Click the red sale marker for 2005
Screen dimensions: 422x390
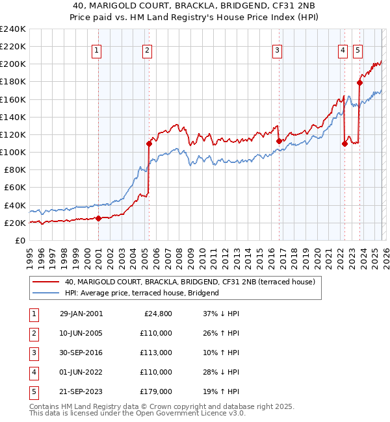click(x=149, y=143)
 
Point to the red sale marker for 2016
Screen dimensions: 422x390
click(x=279, y=141)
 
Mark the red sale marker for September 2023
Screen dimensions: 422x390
click(x=359, y=82)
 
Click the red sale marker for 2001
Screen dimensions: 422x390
click(x=98, y=219)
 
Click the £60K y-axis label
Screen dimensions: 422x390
click(x=15, y=188)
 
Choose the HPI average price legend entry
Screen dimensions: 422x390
click(x=142, y=293)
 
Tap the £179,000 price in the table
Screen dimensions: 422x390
click(x=156, y=392)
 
